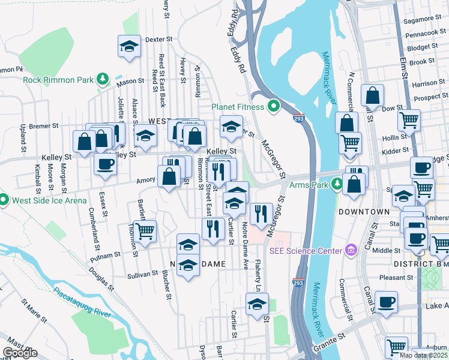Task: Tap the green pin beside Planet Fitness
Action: [274, 107]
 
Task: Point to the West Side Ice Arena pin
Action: [4, 199]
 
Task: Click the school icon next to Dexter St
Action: [129, 47]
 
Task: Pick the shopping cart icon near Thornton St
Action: [145, 230]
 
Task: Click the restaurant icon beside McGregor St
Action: [261, 214]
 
